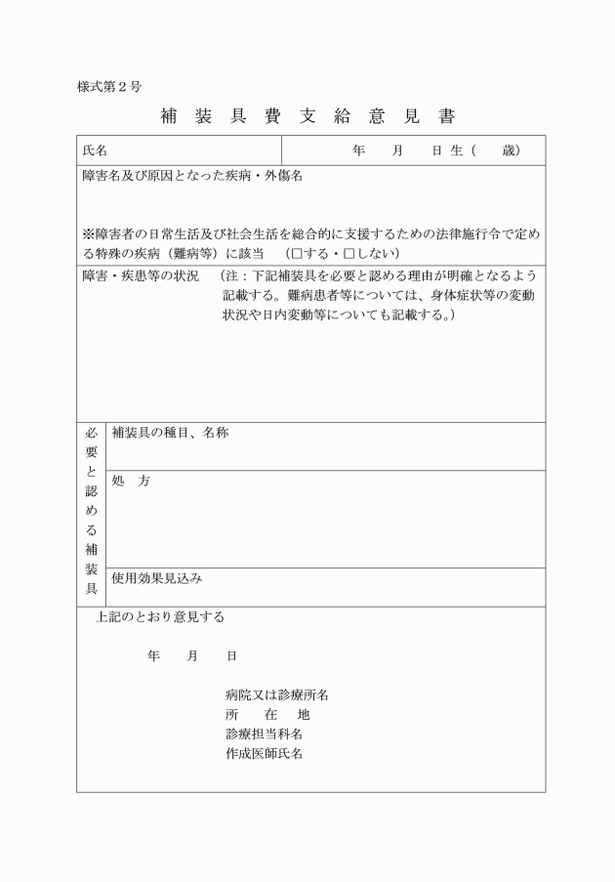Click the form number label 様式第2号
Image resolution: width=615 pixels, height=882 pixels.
click(109, 86)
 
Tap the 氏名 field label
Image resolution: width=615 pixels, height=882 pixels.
click(96, 150)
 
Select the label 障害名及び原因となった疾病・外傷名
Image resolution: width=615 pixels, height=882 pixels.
click(193, 177)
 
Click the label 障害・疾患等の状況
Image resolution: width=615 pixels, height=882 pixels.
click(142, 276)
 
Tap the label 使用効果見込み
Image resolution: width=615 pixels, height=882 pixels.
click(157, 578)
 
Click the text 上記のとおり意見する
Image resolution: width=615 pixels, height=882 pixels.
click(160, 617)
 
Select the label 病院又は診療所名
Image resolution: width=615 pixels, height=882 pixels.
click(276, 695)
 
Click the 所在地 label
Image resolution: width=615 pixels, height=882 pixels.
click(266, 715)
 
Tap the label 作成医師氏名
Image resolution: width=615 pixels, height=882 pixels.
click(263, 754)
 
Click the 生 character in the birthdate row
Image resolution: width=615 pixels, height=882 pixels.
click(457, 150)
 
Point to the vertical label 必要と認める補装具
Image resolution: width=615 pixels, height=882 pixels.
click(92, 510)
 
